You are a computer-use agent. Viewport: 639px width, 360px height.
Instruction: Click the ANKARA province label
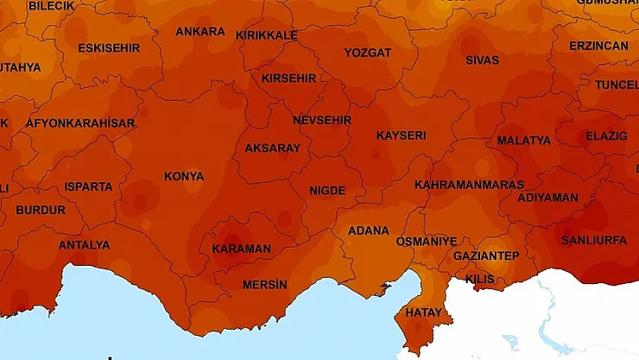click(x=200, y=32)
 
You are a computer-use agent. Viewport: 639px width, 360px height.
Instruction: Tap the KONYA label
click(x=184, y=177)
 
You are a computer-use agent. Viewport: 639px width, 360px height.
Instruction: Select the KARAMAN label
click(x=241, y=249)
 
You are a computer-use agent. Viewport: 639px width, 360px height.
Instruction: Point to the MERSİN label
click(x=264, y=285)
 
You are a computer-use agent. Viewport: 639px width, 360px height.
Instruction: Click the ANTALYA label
click(x=84, y=245)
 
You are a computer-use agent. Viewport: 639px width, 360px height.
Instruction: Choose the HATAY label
click(x=423, y=313)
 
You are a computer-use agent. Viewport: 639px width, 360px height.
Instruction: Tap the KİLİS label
click(x=480, y=280)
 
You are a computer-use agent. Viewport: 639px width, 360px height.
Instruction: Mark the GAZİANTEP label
click(x=486, y=256)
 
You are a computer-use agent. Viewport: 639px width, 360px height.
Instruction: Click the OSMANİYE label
click(x=426, y=242)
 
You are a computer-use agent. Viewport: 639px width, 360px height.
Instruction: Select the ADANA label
click(x=368, y=231)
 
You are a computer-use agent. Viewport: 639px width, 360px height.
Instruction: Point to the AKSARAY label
click(x=273, y=148)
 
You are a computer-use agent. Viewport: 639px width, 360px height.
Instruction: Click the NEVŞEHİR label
click(x=322, y=120)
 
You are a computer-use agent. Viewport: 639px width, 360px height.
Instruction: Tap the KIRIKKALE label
click(x=267, y=35)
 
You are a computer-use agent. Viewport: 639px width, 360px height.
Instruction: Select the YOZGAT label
click(x=368, y=53)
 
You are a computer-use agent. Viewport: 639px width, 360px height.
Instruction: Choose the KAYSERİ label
click(x=401, y=136)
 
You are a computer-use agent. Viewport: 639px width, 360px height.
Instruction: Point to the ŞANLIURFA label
click(x=594, y=240)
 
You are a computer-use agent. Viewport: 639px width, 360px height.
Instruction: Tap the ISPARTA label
click(x=88, y=186)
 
